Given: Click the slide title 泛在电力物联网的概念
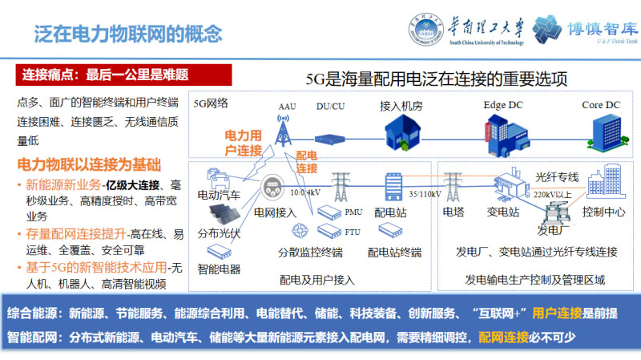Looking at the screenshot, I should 127,34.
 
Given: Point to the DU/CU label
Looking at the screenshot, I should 331,106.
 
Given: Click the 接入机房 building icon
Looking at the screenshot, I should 398,131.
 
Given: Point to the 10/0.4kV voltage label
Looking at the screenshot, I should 305,192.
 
